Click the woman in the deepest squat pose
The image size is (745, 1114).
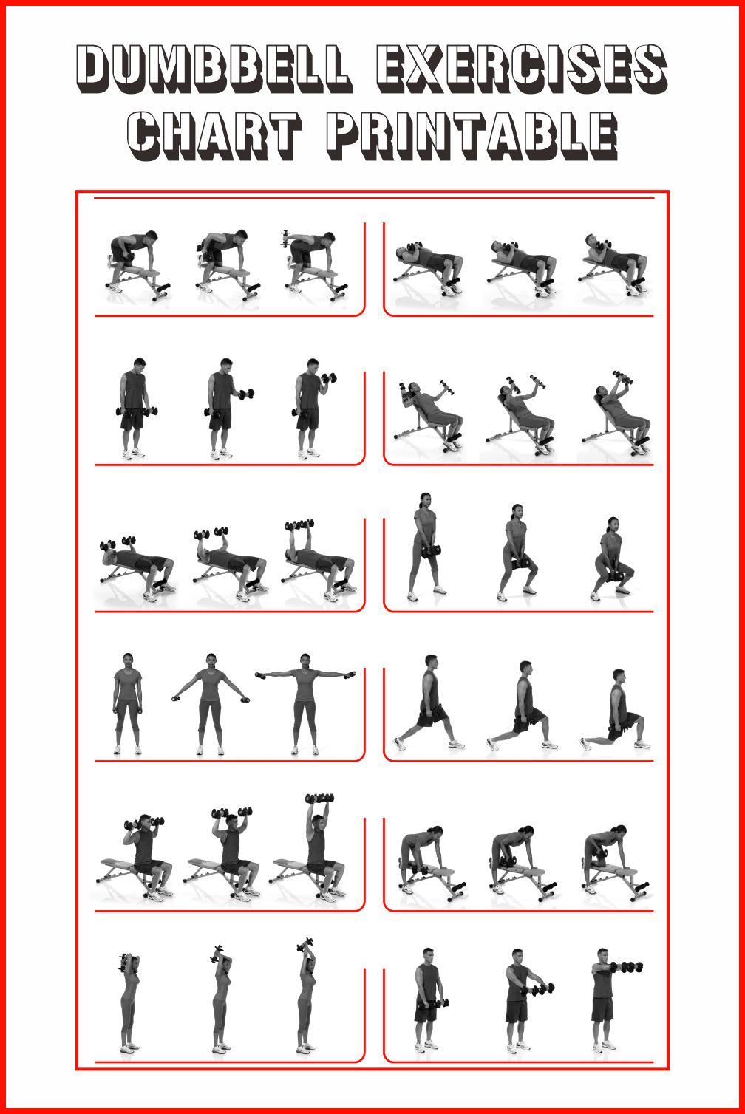[612, 559]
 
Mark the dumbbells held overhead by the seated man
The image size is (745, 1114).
[320, 799]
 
